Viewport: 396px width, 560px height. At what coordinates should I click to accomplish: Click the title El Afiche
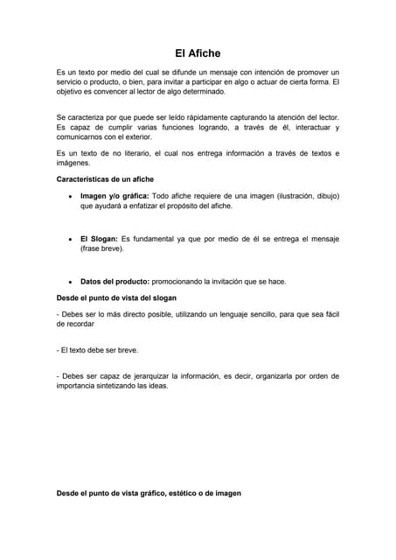[x=198, y=53]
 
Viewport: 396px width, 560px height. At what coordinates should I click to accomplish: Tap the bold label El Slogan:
[x=99, y=238]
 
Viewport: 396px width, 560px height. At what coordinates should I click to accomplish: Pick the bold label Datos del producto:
[x=115, y=282]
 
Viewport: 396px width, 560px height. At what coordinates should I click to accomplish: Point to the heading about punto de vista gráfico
[x=149, y=493]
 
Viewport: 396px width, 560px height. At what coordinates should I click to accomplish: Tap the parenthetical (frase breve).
[x=101, y=248]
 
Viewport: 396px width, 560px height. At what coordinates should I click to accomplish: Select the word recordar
[x=74, y=323]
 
